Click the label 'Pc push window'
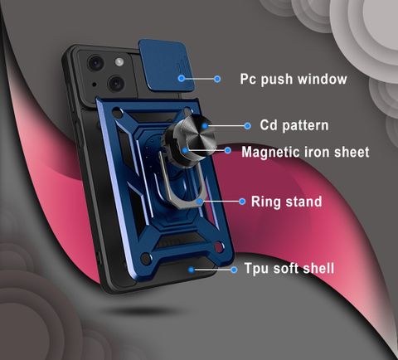coord(294,80)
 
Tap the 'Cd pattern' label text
coord(294,125)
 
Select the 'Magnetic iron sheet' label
coord(305,152)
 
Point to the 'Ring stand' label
coord(286,202)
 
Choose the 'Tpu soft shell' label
coord(289,269)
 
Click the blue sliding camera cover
coord(166,66)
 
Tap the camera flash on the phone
coord(119,62)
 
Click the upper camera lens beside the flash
coord(96,63)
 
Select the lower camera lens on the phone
coord(116,83)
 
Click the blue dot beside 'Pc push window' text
coord(217,79)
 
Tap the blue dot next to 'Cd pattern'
coord(248,126)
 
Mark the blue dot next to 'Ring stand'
coord(242,202)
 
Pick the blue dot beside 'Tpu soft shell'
coord(234,270)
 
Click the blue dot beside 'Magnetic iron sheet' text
coord(228,150)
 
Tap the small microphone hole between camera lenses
coord(95,85)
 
